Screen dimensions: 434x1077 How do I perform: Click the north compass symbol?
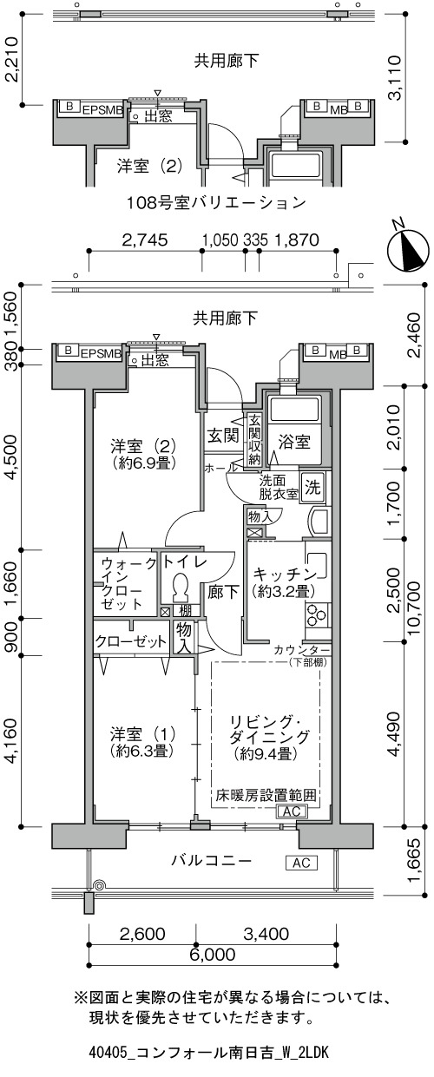pos(407,248)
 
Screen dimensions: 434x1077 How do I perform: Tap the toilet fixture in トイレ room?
pos(181,587)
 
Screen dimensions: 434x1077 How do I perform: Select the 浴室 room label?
pos(294,442)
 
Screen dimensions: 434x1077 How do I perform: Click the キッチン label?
pos(284,574)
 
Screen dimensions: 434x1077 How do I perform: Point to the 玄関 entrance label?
pos(223,436)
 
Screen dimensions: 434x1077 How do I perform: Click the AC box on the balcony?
pos(302,863)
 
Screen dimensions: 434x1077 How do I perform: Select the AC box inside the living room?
pos(292,811)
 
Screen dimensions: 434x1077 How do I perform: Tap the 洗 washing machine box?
pos(312,488)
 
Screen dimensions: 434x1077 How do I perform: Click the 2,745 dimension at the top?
pos(144,240)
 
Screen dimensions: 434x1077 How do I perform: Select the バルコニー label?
pos(212,860)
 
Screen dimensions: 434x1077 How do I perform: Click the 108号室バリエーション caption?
pos(216,202)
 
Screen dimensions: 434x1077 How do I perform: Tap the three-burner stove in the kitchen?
pos(317,614)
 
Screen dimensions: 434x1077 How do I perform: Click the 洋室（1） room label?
pos(142,735)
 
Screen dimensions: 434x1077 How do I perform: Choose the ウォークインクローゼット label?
pos(127,583)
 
